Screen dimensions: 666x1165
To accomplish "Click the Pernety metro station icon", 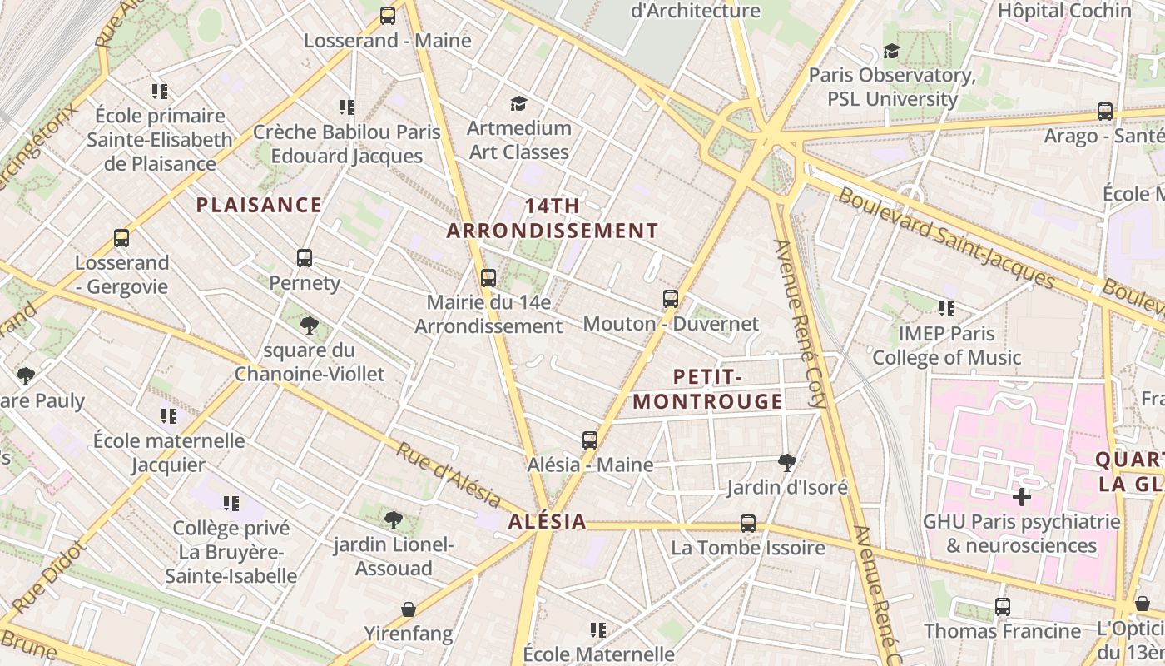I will pos(305,258).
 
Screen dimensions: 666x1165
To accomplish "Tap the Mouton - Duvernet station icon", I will pos(671,299).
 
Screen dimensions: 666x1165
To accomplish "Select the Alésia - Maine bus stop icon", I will pos(590,440).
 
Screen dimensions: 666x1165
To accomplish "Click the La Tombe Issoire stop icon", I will pos(748,524).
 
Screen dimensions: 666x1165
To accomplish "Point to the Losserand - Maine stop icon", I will pos(388,16).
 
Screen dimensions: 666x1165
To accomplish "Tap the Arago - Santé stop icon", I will pos(1105,112).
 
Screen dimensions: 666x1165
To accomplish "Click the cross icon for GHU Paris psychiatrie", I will pos(1022,498).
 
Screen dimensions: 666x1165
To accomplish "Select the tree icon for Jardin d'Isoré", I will pos(786,462).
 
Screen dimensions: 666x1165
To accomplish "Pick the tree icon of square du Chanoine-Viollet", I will pos(310,325).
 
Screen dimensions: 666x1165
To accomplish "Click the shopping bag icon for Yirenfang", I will pos(409,609).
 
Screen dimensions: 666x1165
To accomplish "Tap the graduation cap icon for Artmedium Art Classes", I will pos(519,103).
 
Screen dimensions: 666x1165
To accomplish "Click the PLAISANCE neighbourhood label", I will pos(259,205).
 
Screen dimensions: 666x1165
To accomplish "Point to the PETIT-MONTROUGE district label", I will pos(707,390).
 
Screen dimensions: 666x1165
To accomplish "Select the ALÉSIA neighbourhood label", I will pos(547,523).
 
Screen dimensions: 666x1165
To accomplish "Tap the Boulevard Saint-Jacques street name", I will pos(945,237).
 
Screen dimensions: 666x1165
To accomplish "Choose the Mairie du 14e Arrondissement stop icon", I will pos(488,278).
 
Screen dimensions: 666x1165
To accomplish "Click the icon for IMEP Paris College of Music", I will pos(947,309).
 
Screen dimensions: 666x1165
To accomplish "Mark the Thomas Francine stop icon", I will pos(1003,607).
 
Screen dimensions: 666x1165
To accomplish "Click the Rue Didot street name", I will pos(50,577).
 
